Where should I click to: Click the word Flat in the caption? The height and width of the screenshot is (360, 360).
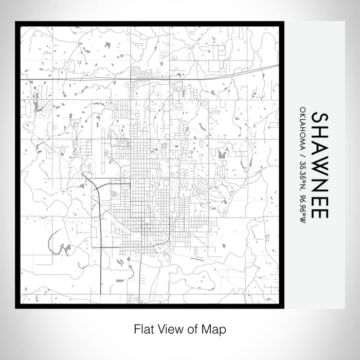point(143,328)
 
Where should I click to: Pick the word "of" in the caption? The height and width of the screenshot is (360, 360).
point(191,328)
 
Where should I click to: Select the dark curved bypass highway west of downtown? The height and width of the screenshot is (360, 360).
point(98,206)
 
